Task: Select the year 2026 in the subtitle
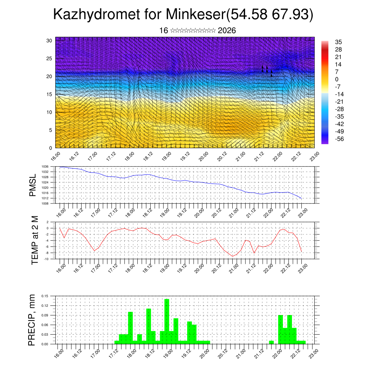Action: [x=227, y=31]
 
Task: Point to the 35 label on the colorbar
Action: [x=339, y=42]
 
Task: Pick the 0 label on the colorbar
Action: [x=337, y=79]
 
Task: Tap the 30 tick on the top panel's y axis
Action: [x=49, y=40]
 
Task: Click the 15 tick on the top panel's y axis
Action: [x=49, y=94]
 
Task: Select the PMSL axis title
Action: [x=33, y=185]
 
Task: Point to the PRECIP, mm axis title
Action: [x=33, y=320]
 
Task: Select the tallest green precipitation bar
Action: [x=167, y=321]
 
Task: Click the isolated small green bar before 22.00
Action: [x=271, y=342]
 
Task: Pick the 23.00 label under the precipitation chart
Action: [x=314, y=353]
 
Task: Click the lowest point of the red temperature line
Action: [x=233, y=256]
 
